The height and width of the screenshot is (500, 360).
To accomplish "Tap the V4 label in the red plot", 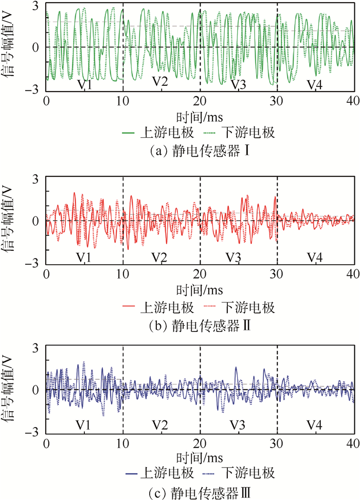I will [x=315, y=256].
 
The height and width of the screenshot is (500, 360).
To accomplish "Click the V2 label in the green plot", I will [x=160, y=81].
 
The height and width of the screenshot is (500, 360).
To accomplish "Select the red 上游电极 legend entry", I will [x=159, y=307].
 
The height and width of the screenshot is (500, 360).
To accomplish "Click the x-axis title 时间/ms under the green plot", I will [x=200, y=115].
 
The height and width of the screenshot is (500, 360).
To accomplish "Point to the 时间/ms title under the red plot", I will [x=200, y=289].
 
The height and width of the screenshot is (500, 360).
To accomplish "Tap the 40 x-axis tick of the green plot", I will [x=352, y=100].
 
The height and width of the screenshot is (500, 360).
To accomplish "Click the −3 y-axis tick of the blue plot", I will [x=34, y=433].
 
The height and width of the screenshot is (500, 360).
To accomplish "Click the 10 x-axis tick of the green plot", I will [x=123, y=100].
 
